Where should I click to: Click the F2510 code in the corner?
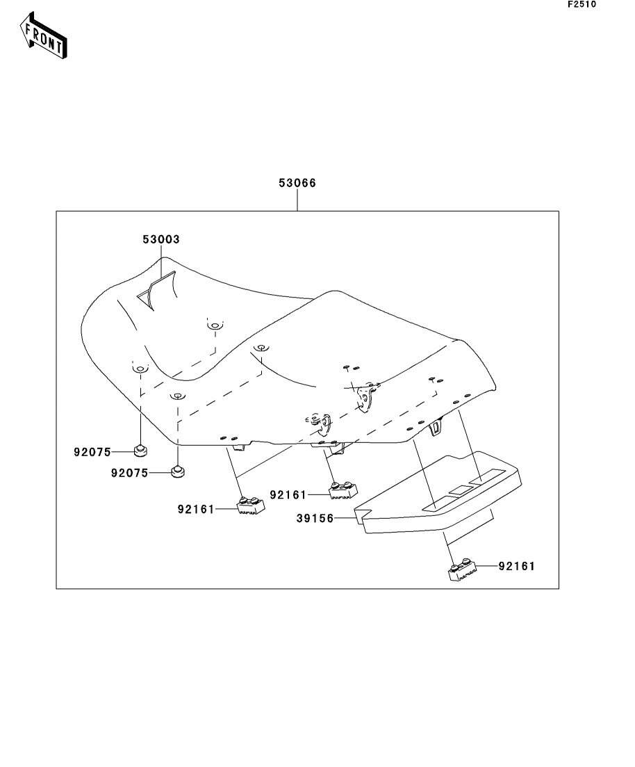tap(582, 4)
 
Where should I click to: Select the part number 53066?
tap(297, 184)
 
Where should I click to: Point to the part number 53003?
tap(161, 239)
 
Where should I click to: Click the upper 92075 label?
tap(92, 452)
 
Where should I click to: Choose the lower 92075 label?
tap(129, 473)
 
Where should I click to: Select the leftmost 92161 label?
tap(196, 509)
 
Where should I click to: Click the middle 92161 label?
tap(288, 494)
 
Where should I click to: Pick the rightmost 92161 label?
tap(516, 567)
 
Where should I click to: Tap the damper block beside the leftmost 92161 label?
tap(251, 506)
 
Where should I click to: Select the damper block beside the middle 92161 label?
tap(343, 490)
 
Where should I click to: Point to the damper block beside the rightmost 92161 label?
tap(461, 572)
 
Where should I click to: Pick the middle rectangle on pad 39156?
tap(460, 490)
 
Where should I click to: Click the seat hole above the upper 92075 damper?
tap(139, 369)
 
